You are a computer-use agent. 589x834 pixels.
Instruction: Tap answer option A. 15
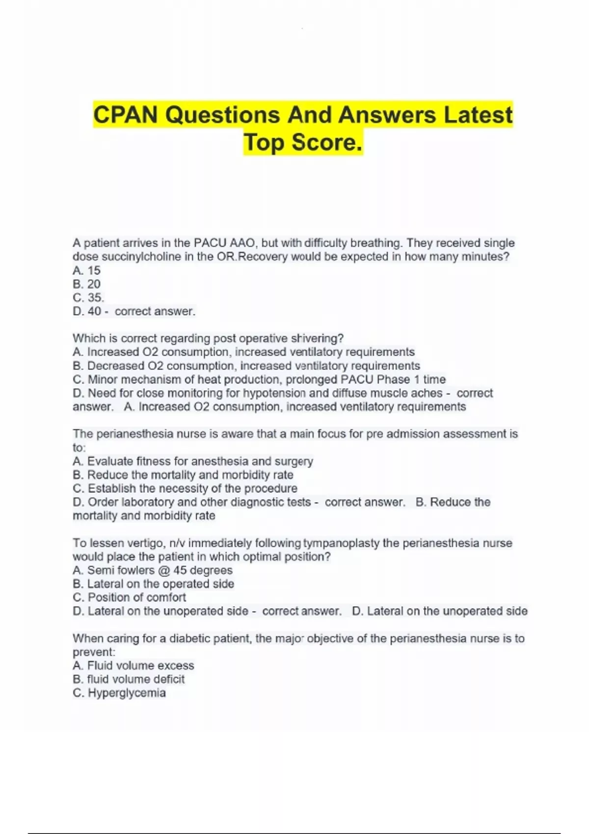(86, 270)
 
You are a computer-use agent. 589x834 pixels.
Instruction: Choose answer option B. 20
(86, 284)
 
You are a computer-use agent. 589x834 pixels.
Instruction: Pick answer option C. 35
(88, 298)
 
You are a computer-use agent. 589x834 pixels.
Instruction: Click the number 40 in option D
(94, 312)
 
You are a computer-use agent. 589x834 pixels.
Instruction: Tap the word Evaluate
(110, 462)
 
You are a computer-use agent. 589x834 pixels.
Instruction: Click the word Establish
(111, 489)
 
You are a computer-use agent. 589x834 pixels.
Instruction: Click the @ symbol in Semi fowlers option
(163, 571)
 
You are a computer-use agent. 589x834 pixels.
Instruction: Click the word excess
(176, 666)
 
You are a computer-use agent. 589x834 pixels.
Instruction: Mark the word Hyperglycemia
(127, 693)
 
